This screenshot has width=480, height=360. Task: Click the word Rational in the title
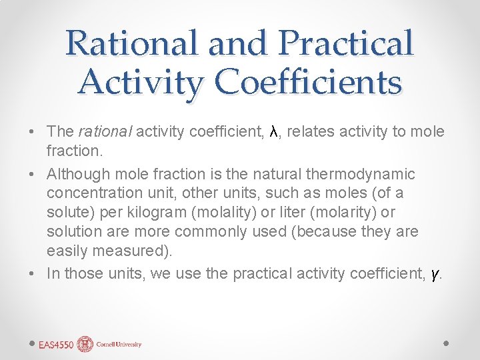point(132,43)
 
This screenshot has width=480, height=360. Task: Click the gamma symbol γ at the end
point(435,274)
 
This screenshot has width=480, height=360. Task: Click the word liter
point(297,213)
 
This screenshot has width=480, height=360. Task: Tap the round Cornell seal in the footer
point(85,344)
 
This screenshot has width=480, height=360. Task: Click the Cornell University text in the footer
point(119,345)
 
